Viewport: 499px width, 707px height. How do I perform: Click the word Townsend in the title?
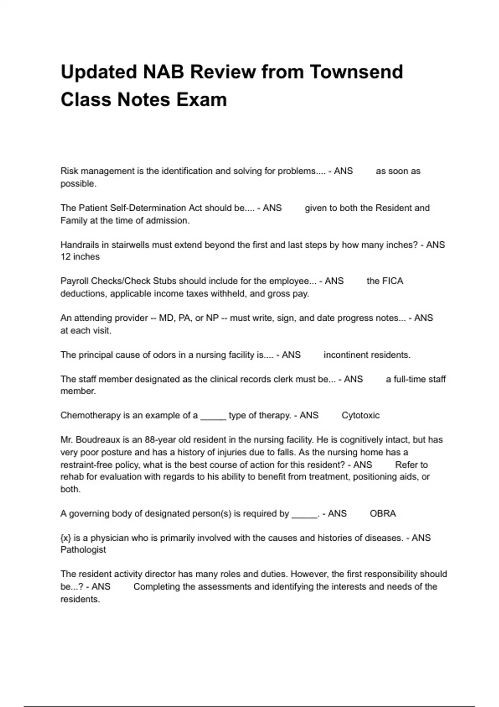click(x=356, y=72)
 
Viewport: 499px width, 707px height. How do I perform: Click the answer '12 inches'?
click(x=80, y=257)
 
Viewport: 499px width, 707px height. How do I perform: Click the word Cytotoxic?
click(x=360, y=415)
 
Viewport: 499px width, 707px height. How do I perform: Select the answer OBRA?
click(x=383, y=514)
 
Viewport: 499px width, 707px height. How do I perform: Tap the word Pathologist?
click(x=83, y=550)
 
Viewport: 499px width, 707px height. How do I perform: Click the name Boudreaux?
click(x=99, y=440)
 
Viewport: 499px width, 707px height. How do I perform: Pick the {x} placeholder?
click(x=66, y=538)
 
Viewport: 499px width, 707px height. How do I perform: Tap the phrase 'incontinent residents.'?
click(x=367, y=355)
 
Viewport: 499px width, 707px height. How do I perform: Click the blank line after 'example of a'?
click(x=213, y=417)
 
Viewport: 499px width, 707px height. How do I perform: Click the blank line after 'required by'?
click(x=304, y=515)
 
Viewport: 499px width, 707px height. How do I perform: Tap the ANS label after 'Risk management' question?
click(x=343, y=171)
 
